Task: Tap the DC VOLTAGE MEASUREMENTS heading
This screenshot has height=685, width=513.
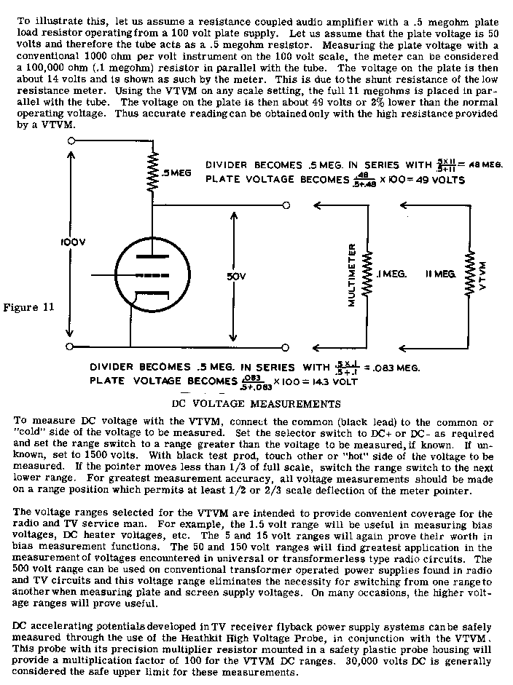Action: (256, 403)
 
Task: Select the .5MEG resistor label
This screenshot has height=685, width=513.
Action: (176, 173)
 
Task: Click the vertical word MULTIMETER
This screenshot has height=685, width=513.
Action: (352, 274)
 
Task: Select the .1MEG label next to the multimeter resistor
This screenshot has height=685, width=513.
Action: (392, 274)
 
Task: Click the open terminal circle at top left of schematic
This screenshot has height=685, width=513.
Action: (71, 138)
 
